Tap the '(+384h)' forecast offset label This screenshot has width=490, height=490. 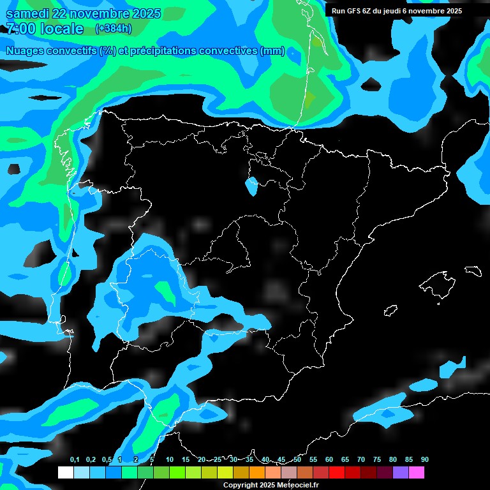(x=114, y=28)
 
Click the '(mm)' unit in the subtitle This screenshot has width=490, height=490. (x=272, y=52)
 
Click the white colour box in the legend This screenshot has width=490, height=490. (x=65, y=473)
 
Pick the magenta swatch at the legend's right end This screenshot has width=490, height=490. (x=417, y=473)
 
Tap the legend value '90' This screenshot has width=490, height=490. (x=425, y=460)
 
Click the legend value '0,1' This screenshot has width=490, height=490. (x=75, y=460)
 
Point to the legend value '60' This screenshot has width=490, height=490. (x=329, y=460)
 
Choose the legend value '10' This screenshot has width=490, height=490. (x=170, y=460)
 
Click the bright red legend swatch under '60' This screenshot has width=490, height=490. (x=337, y=473)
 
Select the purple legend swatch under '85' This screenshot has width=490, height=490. (x=401, y=473)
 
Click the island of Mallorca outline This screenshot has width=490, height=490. (x=438, y=283)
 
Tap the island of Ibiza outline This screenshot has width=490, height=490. (x=390, y=310)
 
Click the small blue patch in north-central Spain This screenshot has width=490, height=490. (x=252, y=186)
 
